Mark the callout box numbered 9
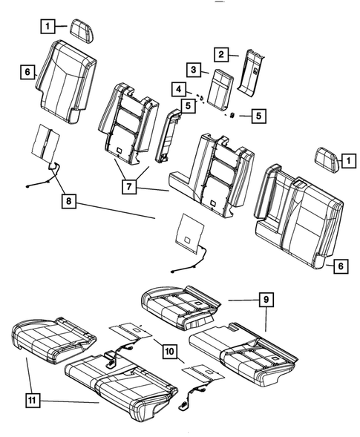point(264,300)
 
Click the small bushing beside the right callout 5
point(232,116)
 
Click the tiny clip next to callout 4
point(200,96)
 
